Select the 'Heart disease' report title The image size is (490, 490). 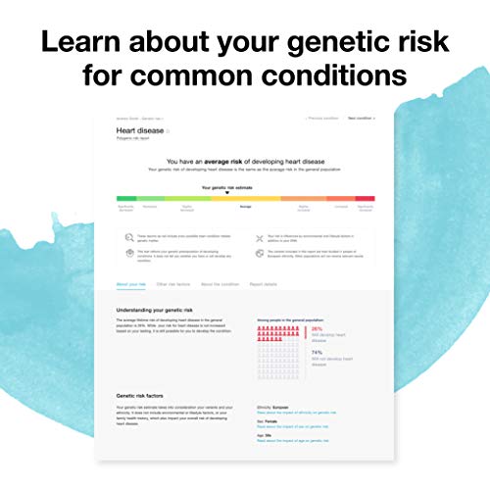point(140,130)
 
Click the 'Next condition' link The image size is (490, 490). point(360,118)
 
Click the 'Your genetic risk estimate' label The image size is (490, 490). point(226,186)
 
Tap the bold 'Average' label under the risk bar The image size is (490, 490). point(245,207)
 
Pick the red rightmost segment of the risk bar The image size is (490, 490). point(364,199)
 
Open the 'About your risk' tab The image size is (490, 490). point(131,283)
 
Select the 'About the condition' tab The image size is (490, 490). point(220,283)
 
